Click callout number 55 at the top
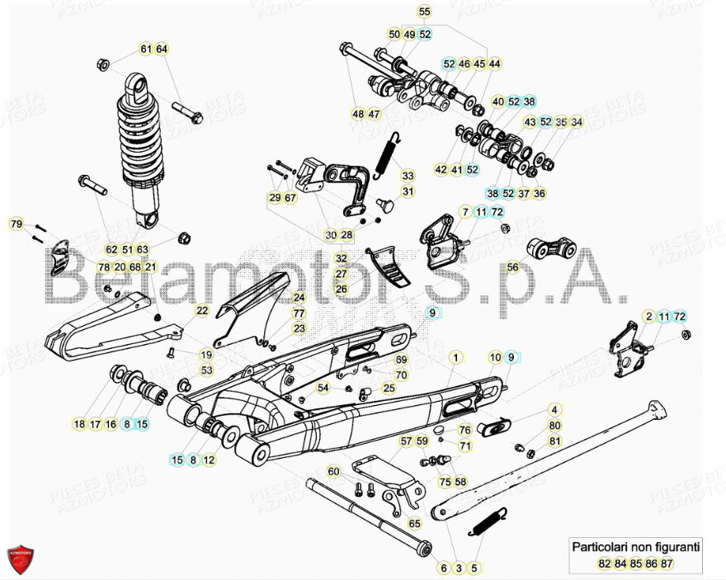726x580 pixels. [424, 12]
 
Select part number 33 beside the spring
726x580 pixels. [408, 176]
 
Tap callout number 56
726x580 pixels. [512, 267]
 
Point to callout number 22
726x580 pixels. [201, 310]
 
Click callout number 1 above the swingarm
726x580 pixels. [455, 357]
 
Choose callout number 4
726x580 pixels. [554, 409]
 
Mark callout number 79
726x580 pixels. [16, 224]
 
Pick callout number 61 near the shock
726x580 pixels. [145, 50]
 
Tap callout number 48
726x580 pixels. [357, 114]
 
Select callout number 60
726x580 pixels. [333, 471]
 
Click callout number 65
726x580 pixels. [414, 523]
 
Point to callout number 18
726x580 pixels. [79, 424]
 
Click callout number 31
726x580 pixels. [408, 191]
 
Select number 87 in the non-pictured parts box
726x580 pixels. [667, 563]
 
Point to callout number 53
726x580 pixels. [206, 370]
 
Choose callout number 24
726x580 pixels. [299, 298]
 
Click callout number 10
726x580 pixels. [495, 357]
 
